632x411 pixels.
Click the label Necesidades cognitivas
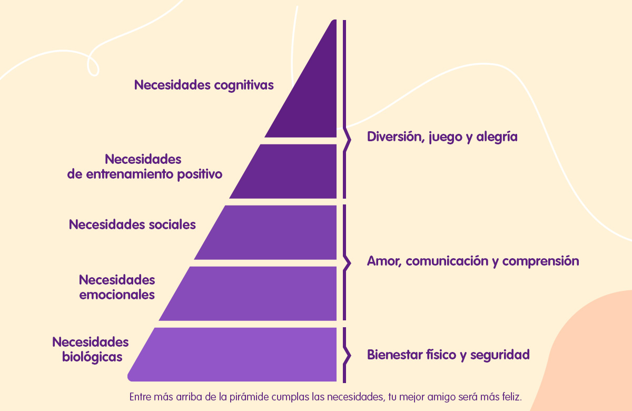204,85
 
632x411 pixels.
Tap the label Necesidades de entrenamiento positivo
144,167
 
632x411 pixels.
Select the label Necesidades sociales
132,224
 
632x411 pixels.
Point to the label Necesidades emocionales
117,287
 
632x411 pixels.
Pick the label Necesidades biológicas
91,349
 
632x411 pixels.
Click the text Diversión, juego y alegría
442,137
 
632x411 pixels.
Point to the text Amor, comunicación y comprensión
473,261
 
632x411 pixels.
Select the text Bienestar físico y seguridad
448,355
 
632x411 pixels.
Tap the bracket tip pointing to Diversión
350,140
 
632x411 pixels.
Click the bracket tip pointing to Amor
350,263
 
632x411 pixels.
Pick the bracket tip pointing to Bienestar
350,355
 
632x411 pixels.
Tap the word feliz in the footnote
512,397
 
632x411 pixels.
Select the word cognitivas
244,85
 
